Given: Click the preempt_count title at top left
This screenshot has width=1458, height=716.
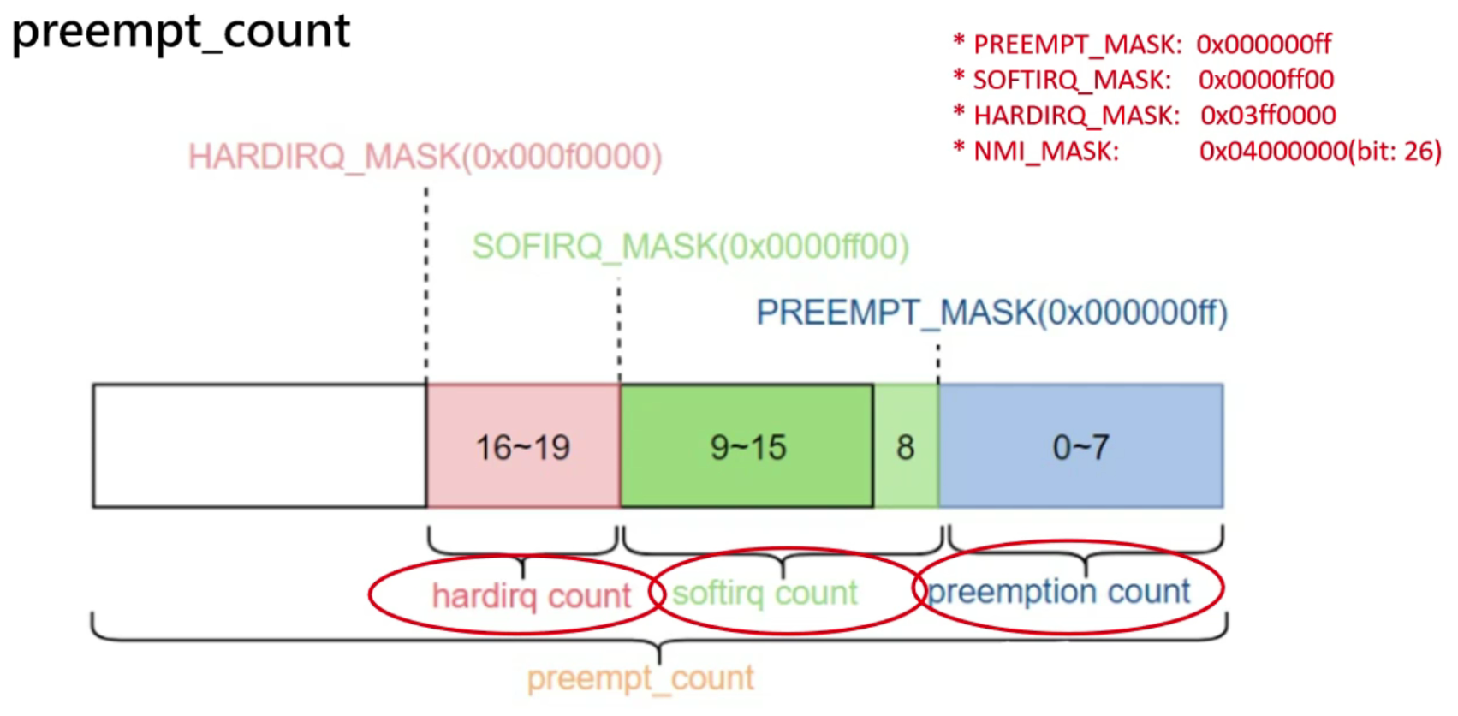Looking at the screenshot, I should pyautogui.click(x=181, y=33).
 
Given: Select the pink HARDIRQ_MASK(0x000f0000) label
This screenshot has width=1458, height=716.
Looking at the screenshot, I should pyautogui.click(x=425, y=157).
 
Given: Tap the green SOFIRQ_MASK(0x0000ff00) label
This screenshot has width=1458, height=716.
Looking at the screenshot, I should pyautogui.click(x=690, y=247).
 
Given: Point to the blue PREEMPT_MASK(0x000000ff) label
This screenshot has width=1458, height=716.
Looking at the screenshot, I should pyautogui.click(x=991, y=313).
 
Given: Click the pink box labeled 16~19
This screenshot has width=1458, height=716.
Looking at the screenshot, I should pyautogui.click(x=523, y=446).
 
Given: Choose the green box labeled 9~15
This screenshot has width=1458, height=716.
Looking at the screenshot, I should pyautogui.click(x=747, y=446).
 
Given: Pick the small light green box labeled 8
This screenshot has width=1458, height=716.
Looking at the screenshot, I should pyautogui.click(x=906, y=446).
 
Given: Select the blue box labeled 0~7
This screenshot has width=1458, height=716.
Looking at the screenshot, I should pyautogui.click(x=1080, y=446).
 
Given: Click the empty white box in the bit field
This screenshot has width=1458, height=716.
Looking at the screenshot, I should pyautogui.click(x=259, y=446).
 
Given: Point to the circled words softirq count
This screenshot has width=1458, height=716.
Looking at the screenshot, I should pyautogui.click(x=765, y=593).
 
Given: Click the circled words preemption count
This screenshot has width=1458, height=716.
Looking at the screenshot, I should pyautogui.click(x=1059, y=591).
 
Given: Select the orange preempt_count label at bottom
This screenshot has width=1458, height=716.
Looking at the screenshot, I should pyautogui.click(x=640, y=678).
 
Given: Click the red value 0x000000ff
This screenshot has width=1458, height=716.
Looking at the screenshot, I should pyautogui.click(x=1264, y=44).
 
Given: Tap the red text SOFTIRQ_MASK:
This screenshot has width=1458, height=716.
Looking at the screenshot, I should pyautogui.click(x=1072, y=80).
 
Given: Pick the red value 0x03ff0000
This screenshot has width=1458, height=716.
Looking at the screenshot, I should pyautogui.click(x=1268, y=116).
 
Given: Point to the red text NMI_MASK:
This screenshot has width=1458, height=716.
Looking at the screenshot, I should pyautogui.click(x=1046, y=152).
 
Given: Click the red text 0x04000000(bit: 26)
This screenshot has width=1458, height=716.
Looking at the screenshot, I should pyautogui.click(x=1320, y=152).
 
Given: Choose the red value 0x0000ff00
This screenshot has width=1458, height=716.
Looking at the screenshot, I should pyautogui.click(x=1266, y=80).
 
